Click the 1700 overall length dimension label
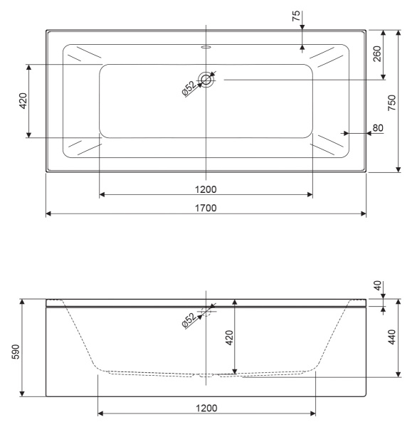point(206,207)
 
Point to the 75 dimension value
point(297,17)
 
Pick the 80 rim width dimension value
point(378,128)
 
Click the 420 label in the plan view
point(23,101)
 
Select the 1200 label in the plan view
point(206,189)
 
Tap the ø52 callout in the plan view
point(189,88)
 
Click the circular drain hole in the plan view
point(206,80)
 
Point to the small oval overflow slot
point(206,48)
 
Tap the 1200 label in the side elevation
point(206,407)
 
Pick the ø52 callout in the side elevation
point(189,318)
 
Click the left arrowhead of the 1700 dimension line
point(48,213)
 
